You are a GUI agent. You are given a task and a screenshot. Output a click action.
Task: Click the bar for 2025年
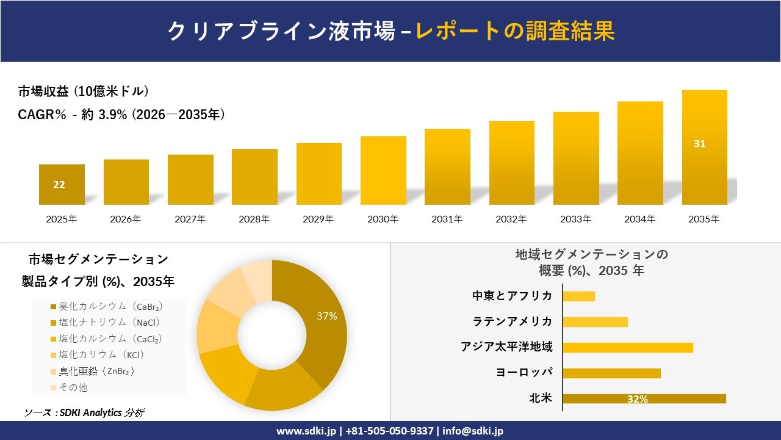tap(62, 185)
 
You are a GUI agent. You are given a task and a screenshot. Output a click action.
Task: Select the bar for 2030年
tap(383, 170)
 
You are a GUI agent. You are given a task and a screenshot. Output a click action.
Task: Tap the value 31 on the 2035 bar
tap(699, 144)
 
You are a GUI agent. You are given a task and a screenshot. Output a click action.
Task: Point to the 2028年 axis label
tap(254, 219)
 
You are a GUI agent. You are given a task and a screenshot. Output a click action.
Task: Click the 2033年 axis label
tap(576, 219)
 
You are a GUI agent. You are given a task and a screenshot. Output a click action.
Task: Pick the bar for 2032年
tap(511, 163)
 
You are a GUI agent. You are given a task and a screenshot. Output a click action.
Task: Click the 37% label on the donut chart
tap(326, 316)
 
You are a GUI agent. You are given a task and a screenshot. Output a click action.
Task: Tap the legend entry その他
tap(73, 387)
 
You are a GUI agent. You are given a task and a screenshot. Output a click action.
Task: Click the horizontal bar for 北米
tap(644, 398)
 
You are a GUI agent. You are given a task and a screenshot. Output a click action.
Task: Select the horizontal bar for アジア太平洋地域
tap(627, 347)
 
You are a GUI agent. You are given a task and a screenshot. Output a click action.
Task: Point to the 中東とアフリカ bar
tap(578, 296)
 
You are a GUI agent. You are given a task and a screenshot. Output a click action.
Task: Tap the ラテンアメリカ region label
tap(513, 321)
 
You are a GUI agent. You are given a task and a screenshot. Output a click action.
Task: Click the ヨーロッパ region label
tap(524, 373)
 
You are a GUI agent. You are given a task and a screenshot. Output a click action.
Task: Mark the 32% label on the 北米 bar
tap(637, 399)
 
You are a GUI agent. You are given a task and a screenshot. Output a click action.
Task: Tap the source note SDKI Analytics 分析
tap(84, 413)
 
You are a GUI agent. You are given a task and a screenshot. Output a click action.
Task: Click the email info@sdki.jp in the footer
tap(473, 431)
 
